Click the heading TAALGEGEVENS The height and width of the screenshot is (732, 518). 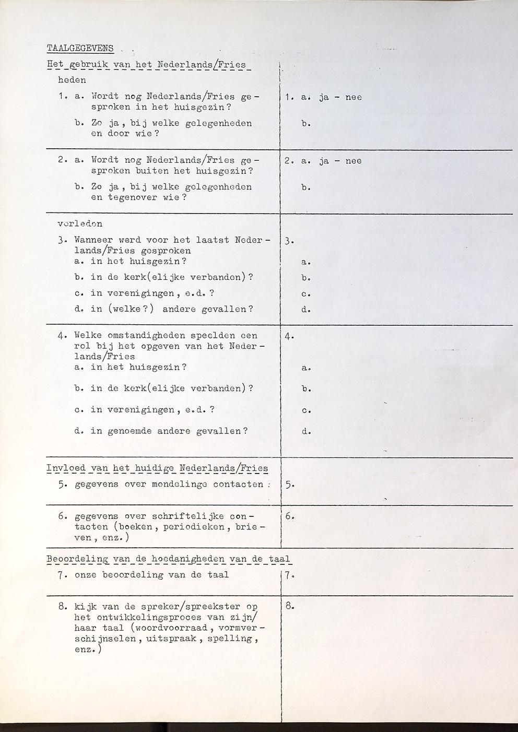pyautogui.click(x=80, y=48)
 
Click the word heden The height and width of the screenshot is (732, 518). pyautogui.click(x=72, y=80)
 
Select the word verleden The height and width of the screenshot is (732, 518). pyautogui.click(x=80, y=224)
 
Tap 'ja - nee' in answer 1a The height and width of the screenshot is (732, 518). pyautogui.click(x=340, y=97)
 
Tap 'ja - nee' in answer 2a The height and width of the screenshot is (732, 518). pyautogui.click(x=340, y=161)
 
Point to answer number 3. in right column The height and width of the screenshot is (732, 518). pyautogui.click(x=290, y=241)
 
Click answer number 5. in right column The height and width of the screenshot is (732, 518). pyautogui.click(x=290, y=485)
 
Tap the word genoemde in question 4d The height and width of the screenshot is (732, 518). pyautogui.click(x=129, y=431)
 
